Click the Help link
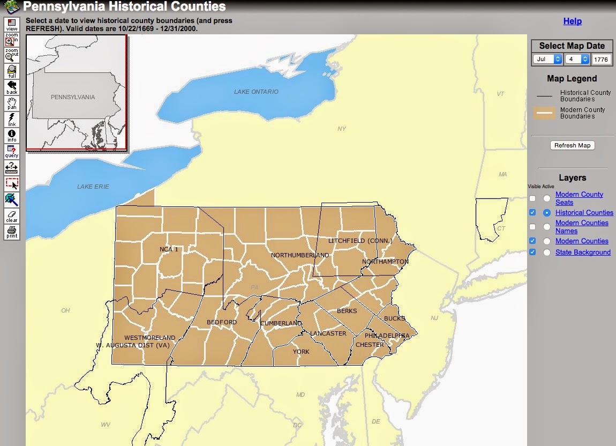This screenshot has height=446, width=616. click(x=572, y=21)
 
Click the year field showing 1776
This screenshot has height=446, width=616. click(x=602, y=60)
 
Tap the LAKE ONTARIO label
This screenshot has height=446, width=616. click(x=256, y=92)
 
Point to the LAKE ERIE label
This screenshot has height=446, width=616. click(x=93, y=187)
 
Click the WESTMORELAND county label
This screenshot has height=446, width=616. click(x=149, y=338)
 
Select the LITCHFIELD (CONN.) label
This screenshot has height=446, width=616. click(x=360, y=241)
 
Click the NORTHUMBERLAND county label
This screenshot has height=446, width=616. click(x=300, y=255)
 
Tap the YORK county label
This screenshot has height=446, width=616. click(x=301, y=352)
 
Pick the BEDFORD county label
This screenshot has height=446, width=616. click(x=222, y=322)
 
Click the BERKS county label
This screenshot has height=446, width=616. click(x=347, y=311)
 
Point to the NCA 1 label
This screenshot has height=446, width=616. click(x=169, y=249)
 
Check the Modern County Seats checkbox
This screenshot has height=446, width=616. click(x=532, y=198)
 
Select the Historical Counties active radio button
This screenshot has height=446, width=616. click(x=546, y=213)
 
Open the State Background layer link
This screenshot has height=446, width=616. click(x=583, y=252)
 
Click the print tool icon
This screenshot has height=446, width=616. click(x=12, y=232)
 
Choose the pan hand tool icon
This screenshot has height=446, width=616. click(x=12, y=103)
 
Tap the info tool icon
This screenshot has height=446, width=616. click(x=12, y=136)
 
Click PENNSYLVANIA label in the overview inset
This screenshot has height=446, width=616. click(x=73, y=97)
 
